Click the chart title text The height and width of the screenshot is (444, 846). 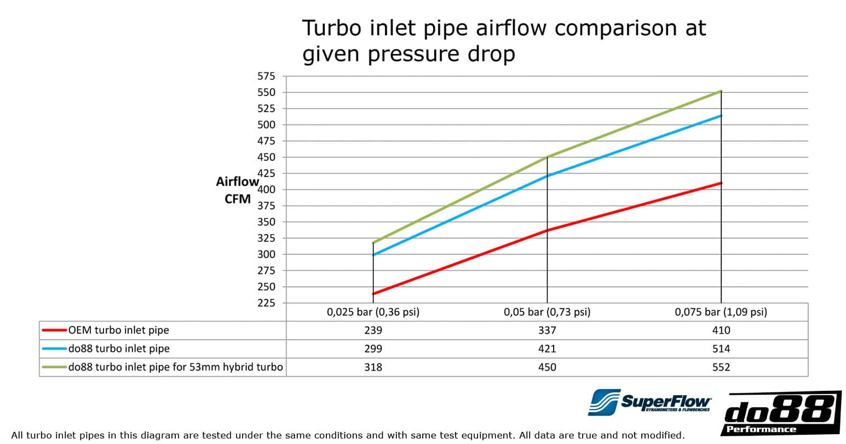[504, 41]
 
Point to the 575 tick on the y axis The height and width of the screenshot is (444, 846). [267, 77]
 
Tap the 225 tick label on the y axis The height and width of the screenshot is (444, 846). [267, 303]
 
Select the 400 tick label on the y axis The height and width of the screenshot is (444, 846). [267, 190]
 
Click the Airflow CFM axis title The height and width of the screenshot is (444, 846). [237, 190]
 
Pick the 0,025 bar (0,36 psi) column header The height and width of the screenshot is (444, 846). [373, 312]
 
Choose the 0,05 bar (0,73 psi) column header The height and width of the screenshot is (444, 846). [547, 312]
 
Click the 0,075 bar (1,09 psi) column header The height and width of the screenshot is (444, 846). [721, 312]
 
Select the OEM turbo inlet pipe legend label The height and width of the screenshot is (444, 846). [119, 331]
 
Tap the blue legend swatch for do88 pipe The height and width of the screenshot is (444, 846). [54, 349]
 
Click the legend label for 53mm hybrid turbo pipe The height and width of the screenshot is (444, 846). [175, 367]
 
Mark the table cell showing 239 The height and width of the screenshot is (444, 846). [373, 331]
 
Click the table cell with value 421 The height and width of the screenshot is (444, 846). [547, 349]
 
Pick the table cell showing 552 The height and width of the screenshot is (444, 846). [721, 367]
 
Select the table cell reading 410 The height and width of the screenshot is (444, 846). [721, 331]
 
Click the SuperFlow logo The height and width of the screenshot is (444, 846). [650, 403]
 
